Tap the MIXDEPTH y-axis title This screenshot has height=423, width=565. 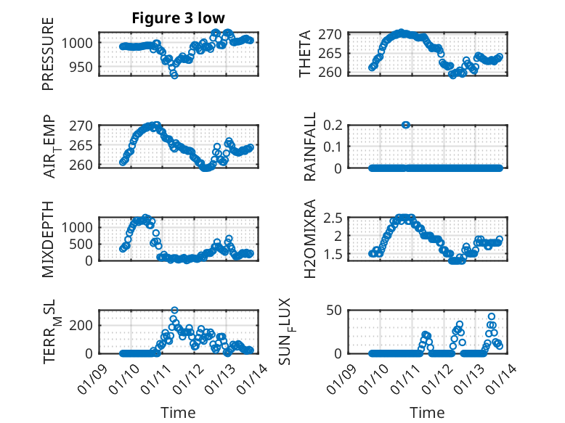[49, 239]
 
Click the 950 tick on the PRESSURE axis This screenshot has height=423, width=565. [82, 67]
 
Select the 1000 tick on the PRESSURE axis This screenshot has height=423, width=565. [79, 43]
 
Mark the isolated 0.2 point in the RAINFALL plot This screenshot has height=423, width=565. [406, 125]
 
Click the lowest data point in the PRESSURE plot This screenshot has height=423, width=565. [174, 75]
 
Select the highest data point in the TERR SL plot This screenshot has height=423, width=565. [174, 311]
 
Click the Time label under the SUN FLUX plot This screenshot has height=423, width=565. [427, 413]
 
